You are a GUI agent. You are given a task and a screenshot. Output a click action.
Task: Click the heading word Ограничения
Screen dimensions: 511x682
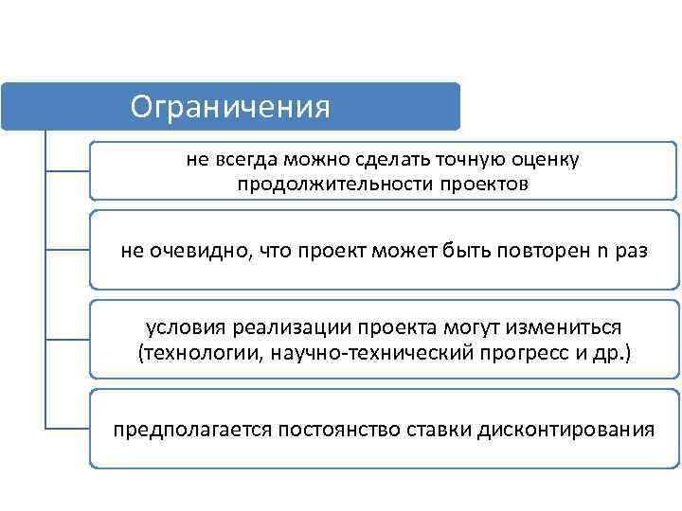click(230, 106)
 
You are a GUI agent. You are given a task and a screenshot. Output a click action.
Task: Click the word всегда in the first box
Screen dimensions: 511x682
click(247, 159)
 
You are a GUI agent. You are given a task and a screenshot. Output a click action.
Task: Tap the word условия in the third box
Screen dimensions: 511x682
click(179, 326)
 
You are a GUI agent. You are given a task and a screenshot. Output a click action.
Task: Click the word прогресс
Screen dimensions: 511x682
click(499, 353)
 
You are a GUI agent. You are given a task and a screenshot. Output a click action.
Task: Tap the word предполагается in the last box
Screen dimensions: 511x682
click(192, 431)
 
